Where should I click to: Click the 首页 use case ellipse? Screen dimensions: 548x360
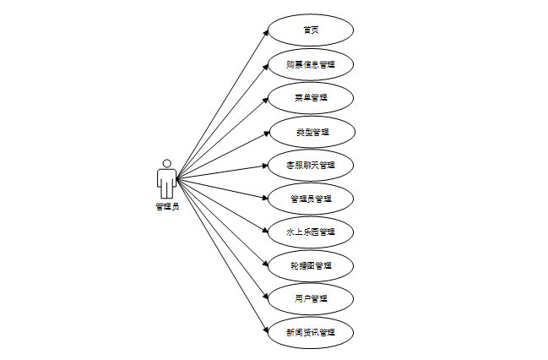[310, 30]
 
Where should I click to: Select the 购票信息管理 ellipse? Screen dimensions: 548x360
[310, 64]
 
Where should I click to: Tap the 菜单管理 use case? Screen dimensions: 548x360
[310, 97]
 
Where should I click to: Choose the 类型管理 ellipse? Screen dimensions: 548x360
[312, 132]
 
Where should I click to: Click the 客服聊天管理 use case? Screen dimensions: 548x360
[310, 165]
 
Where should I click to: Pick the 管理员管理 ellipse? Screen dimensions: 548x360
[310, 199]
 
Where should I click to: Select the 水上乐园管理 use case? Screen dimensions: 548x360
[310, 232]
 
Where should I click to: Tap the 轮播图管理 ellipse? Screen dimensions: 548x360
[310, 265]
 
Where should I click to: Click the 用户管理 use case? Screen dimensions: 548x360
[310, 298]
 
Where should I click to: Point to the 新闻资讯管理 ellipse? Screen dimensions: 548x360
[310, 332]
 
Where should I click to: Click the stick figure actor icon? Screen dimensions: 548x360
[166, 179]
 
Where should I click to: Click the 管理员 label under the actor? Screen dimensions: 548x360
[166, 206]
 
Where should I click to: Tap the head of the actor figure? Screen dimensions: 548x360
[166, 163]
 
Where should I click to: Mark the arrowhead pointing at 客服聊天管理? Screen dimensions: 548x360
[265, 166]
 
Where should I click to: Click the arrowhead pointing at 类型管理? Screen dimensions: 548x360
[268, 133]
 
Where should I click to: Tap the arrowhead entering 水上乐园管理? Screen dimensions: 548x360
[265, 231]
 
